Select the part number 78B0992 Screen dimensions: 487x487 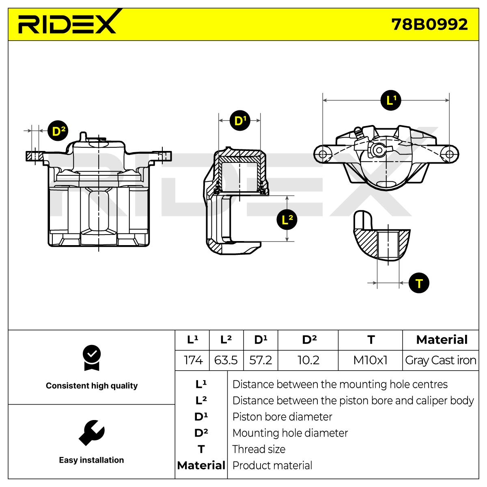(429, 24)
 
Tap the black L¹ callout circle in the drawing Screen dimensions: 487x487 (391, 100)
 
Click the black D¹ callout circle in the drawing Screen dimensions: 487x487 (240, 120)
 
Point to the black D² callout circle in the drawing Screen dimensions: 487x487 (58, 131)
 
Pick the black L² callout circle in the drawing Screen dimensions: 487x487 (287, 220)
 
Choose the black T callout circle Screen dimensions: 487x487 (419, 283)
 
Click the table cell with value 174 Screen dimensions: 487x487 (193, 360)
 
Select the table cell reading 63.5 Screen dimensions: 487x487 (226, 360)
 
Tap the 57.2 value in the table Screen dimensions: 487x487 (261, 360)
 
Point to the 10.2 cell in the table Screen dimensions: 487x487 (308, 360)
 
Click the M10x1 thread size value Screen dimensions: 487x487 (370, 360)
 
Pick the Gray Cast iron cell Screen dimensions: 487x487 (440, 360)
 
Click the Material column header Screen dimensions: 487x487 (442, 340)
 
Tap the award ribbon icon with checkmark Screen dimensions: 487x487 (92, 358)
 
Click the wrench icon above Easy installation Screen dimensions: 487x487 (91, 433)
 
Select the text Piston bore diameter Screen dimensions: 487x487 (282, 417)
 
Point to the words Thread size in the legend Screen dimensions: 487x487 (259, 449)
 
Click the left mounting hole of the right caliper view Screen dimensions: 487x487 (323, 154)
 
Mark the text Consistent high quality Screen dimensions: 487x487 (92, 386)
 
